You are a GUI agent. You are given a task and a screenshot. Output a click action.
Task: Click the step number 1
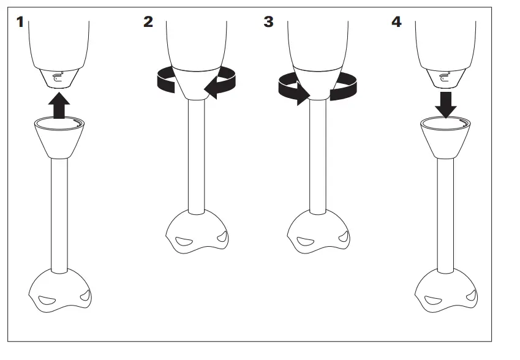point(21,23)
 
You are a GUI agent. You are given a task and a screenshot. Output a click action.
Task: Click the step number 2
point(148,23)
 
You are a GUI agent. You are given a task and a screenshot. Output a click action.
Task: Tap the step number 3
point(268,23)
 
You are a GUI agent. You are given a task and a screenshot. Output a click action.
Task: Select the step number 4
point(396,23)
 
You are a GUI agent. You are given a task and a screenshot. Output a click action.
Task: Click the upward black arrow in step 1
point(59,105)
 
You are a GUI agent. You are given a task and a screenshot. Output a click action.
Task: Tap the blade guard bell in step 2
point(196,233)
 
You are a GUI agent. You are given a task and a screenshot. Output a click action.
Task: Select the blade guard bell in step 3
point(318,233)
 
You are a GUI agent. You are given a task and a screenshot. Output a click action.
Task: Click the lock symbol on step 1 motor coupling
point(56,77)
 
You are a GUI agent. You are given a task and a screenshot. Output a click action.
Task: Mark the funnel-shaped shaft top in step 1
point(59,138)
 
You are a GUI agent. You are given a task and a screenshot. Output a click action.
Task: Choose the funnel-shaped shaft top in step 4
point(446,138)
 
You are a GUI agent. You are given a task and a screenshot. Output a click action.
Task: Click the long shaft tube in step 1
point(59,214)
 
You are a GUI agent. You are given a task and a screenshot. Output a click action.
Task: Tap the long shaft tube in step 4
point(446,214)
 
